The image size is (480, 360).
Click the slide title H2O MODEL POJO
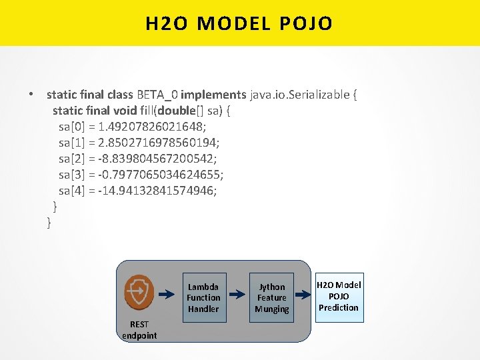point(239,24)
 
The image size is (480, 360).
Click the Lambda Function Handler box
point(203,297)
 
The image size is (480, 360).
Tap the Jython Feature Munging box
point(271,297)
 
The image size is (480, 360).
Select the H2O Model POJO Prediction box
point(339,296)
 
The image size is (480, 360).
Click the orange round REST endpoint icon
point(139,291)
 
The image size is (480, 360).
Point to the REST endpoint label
point(139,330)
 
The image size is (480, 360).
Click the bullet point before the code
point(31,95)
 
